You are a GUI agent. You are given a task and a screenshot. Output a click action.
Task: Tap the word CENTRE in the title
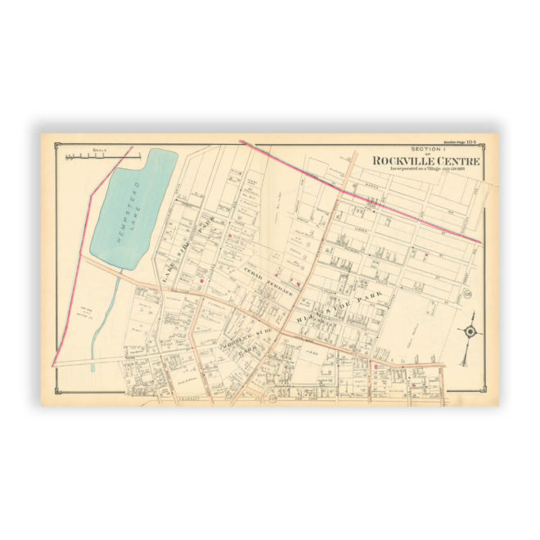pos(452,160)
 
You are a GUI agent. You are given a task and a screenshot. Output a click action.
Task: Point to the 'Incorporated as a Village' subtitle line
pos(425,169)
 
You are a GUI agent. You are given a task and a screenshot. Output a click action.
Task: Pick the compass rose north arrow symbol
pos(470,332)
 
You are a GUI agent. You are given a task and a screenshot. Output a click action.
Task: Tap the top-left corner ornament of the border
pos(56,145)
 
